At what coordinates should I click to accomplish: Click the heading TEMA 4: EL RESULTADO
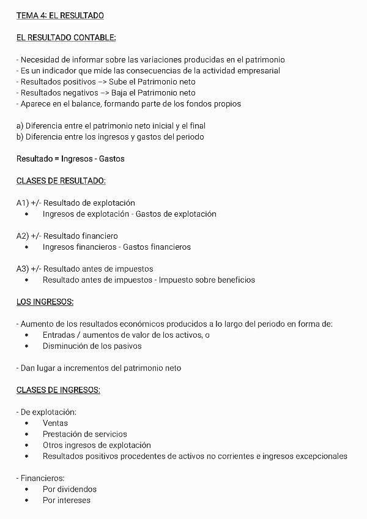pyautogui.click(x=60, y=15)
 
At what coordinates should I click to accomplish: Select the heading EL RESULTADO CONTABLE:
pyautogui.click(x=66, y=38)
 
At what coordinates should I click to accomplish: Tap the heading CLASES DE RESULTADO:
pyautogui.click(x=61, y=181)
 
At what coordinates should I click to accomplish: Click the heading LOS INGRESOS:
pyautogui.click(x=45, y=302)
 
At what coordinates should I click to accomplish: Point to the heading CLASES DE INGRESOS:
pyautogui.click(x=58, y=390)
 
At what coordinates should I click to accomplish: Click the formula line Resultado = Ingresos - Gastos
pyautogui.click(x=70, y=159)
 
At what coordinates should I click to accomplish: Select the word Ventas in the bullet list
pyautogui.click(x=55, y=424)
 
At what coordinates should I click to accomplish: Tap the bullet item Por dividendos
pyautogui.click(x=69, y=490)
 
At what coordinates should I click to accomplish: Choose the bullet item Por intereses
pyautogui.click(x=66, y=501)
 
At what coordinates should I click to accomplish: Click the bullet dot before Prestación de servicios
pyautogui.click(x=27, y=435)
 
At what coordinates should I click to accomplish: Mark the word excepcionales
pyautogui.click(x=322, y=457)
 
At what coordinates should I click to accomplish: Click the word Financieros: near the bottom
pyautogui.click(x=42, y=479)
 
